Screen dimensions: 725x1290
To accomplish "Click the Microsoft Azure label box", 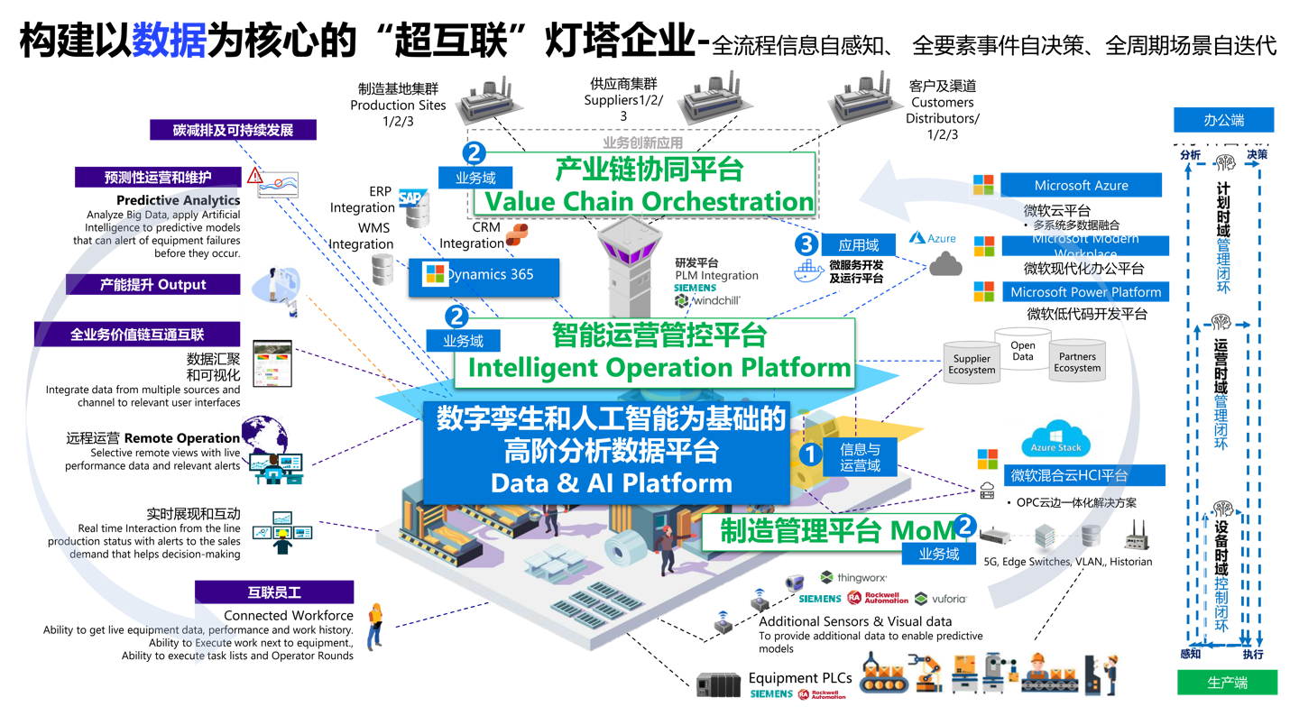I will pyautogui.click(x=1081, y=186).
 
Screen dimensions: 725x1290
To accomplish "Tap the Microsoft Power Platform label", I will pyautogui.click(x=1085, y=292).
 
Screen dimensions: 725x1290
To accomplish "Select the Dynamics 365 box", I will pyautogui.click(x=484, y=275).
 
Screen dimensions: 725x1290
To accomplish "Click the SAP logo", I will pyautogui.click(x=413, y=197).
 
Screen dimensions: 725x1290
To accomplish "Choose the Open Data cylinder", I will pyautogui.click(x=1023, y=350).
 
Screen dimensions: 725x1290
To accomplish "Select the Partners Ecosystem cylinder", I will pyautogui.click(x=1077, y=362).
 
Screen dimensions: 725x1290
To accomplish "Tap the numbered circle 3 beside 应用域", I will pyautogui.click(x=806, y=244).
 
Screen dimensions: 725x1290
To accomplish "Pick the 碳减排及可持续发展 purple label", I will pyautogui.click(x=234, y=131).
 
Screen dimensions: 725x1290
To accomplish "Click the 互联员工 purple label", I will pyautogui.click(x=274, y=592).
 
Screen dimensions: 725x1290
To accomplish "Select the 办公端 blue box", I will pyautogui.click(x=1223, y=120).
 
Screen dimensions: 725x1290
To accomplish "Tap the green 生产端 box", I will pyautogui.click(x=1227, y=683).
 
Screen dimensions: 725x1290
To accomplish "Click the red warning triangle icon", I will pyautogui.click(x=255, y=175).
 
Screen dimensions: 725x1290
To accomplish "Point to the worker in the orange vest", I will pyautogui.click(x=374, y=625).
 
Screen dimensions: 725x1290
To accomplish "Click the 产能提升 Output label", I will pyautogui.click(x=152, y=285).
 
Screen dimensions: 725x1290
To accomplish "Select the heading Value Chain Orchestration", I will pyautogui.click(x=650, y=202).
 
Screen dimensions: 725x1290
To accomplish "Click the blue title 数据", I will pyautogui.click(x=170, y=41).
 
